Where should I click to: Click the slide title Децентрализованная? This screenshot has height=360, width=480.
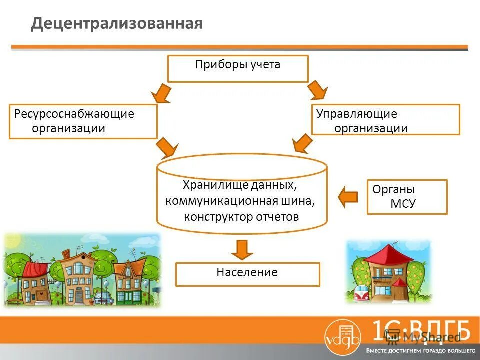[117, 24]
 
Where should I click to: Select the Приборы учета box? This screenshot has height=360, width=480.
[238, 68]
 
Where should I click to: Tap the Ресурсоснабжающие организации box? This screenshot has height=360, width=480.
[83, 121]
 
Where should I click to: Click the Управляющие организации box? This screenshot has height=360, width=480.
[385, 119]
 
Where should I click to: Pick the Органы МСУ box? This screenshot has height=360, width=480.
[407, 197]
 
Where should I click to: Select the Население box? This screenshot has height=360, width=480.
[247, 274]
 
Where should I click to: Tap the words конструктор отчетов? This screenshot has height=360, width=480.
[241, 217]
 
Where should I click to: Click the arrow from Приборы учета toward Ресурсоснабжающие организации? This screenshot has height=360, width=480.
[161, 93]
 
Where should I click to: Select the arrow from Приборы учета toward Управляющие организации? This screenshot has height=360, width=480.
[317, 91]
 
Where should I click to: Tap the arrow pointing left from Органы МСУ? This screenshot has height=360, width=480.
[348, 196]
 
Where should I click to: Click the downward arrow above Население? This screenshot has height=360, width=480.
[242, 249]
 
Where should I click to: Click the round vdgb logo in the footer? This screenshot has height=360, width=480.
[341, 335]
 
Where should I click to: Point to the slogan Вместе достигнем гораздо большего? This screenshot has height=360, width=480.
[420, 350]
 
